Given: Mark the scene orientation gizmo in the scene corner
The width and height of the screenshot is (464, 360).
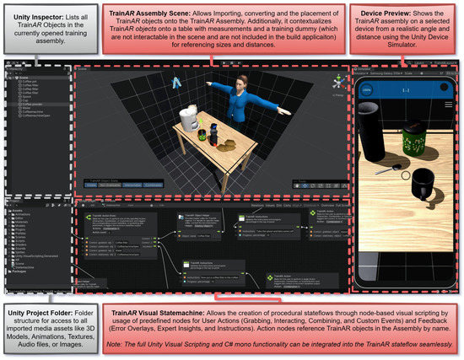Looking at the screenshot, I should pos(339,83).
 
